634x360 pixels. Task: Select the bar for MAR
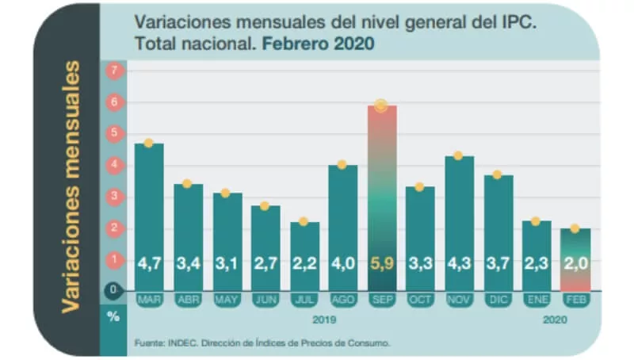click(x=149, y=214)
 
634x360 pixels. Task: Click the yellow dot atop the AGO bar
click(x=342, y=164)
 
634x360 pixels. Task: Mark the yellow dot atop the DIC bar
click(x=497, y=174)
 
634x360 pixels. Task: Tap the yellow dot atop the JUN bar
click(x=265, y=206)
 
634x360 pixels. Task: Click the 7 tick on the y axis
click(x=114, y=71)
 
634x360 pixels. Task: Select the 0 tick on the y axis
click(x=114, y=290)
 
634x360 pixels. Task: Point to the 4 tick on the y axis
click(x=114, y=165)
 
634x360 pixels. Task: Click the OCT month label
click(x=419, y=301)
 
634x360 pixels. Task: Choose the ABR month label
click(x=188, y=301)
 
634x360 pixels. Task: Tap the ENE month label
click(x=536, y=301)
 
